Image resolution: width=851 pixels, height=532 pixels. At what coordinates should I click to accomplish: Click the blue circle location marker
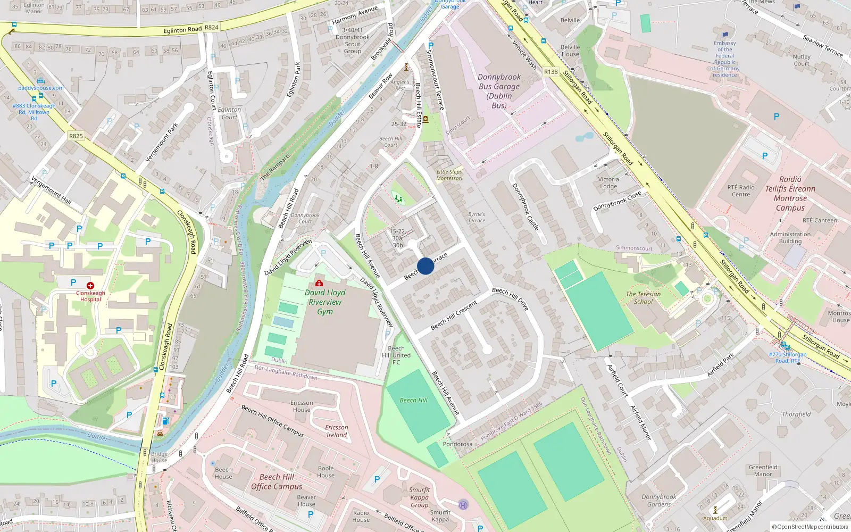tap(425, 266)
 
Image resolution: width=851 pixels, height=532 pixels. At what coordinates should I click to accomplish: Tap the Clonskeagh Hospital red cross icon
tap(90, 286)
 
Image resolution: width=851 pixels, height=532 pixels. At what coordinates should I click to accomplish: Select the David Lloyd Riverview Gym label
tap(325, 302)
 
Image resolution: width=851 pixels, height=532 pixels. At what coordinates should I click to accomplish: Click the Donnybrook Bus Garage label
tap(499, 91)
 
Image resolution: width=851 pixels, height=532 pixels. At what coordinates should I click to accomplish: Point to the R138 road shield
tap(551, 72)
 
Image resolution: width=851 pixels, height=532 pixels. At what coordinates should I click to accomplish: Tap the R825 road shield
tap(76, 136)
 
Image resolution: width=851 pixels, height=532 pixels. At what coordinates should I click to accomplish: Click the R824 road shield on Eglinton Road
tap(212, 27)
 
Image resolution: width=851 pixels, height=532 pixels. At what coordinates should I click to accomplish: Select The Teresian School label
tap(643, 298)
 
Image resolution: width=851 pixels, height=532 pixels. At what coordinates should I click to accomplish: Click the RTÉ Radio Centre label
tap(741, 191)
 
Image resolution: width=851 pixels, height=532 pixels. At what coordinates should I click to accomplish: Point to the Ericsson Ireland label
tap(336, 431)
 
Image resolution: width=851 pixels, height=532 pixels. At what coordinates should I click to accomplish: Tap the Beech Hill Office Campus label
tap(277, 481)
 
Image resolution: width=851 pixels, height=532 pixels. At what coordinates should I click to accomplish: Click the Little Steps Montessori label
tap(449, 175)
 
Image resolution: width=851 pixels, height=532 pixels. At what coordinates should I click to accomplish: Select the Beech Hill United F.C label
tap(396, 355)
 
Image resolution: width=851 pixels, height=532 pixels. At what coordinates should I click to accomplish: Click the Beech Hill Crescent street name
tap(454, 315)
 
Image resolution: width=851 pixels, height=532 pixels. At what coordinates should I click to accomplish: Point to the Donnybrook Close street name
tap(617, 201)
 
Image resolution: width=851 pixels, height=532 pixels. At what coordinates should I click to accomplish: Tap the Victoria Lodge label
tap(608, 183)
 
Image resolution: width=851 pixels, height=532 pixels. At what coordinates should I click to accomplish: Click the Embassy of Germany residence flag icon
tap(724, 36)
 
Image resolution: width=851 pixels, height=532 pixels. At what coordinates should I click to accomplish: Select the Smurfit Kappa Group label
tap(419, 497)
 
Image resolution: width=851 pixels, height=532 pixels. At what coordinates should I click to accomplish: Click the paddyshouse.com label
tap(41, 88)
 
